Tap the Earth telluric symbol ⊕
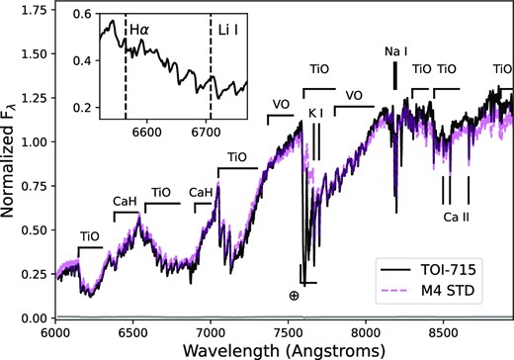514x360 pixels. [x=294, y=296]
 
